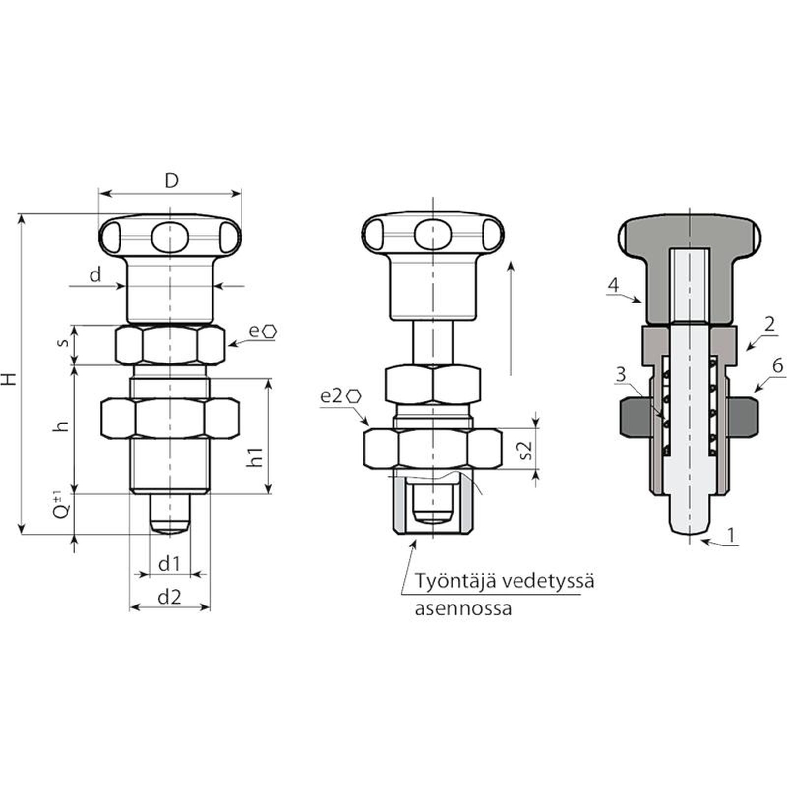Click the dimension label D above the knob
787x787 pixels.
pyautogui.click(x=171, y=181)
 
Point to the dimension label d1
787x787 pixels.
pyautogui.click(x=169, y=564)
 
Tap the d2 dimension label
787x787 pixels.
pyautogui.click(x=169, y=597)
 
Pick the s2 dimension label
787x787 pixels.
pyautogui.click(x=526, y=450)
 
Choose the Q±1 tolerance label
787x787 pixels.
pyautogui.click(x=61, y=505)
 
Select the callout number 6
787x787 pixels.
pyautogui.click(x=777, y=366)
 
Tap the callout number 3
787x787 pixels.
pyautogui.click(x=621, y=374)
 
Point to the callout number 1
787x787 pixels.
pyautogui.click(x=731, y=534)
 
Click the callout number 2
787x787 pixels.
pyautogui.click(x=769, y=324)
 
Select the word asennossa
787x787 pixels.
pyautogui.click(x=463, y=608)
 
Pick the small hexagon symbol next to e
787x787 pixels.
pyautogui.click(x=269, y=331)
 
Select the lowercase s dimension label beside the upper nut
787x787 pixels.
pyautogui.click(x=63, y=342)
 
